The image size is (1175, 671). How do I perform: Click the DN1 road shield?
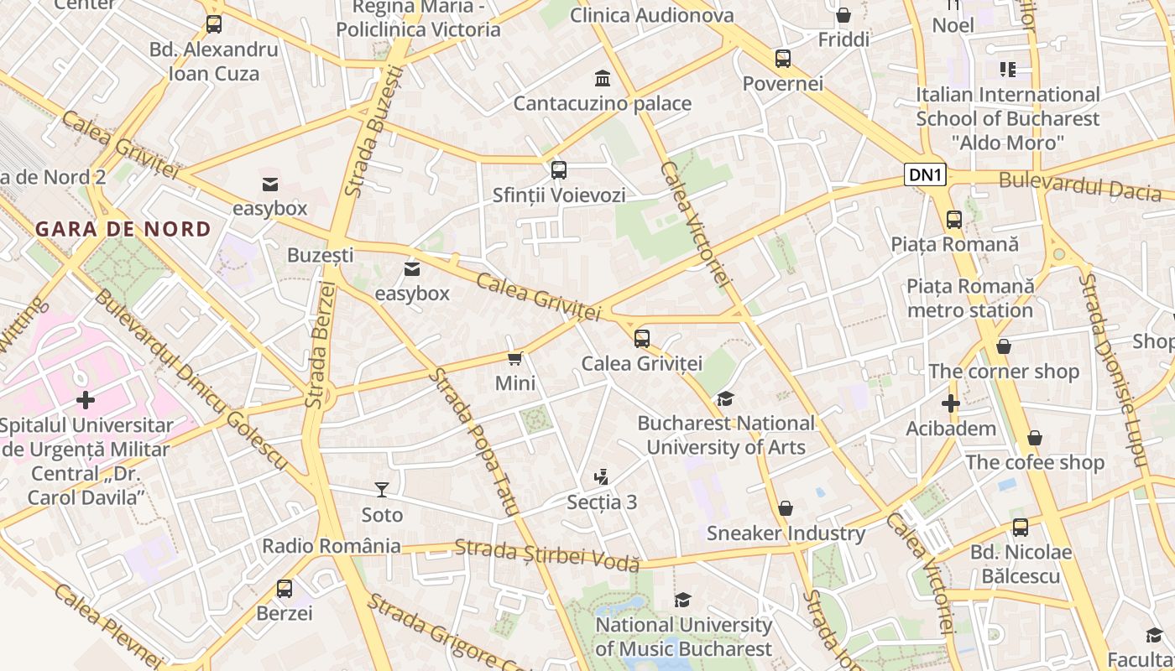pyautogui.click(x=926, y=175)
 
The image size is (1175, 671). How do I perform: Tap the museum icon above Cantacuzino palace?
pyautogui.click(x=603, y=79)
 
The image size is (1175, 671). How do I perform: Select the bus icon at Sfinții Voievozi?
pyautogui.click(x=559, y=170)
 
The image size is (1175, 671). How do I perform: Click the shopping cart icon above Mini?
pyautogui.click(x=515, y=358)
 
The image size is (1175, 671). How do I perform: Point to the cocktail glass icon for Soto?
pyautogui.click(x=382, y=489)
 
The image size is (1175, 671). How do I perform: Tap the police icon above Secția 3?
pyautogui.click(x=601, y=477)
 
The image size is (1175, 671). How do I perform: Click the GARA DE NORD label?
pyautogui.click(x=123, y=229)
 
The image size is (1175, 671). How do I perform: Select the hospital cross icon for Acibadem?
pyautogui.click(x=950, y=403)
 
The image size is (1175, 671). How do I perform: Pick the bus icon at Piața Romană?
pyautogui.click(x=954, y=220)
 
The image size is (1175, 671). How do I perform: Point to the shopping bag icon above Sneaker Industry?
pyautogui.click(x=786, y=508)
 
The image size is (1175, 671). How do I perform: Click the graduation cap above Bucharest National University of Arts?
pyautogui.click(x=725, y=398)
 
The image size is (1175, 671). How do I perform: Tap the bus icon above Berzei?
pyautogui.click(x=285, y=588)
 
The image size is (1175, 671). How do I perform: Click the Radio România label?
pyautogui.click(x=332, y=546)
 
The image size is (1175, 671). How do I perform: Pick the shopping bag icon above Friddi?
pyautogui.click(x=843, y=15)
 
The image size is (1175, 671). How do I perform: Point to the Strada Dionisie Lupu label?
pyautogui.click(x=1112, y=370)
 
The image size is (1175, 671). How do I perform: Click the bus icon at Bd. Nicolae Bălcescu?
pyautogui.click(x=1021, y=528)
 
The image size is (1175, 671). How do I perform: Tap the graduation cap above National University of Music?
pyautogui.click(x=683, y=600)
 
